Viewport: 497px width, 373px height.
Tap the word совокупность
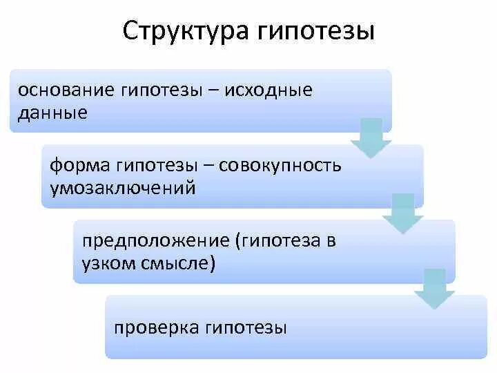(287, 166)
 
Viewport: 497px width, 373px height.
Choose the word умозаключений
(122, 187)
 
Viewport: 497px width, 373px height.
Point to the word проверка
(150, 327)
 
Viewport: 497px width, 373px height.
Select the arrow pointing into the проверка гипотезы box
(434, 289)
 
